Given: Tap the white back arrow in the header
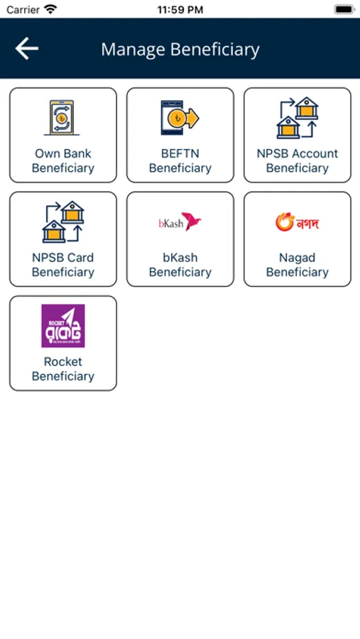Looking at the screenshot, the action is (x=27, y=48).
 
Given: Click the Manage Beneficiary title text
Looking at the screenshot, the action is (x=180, y=50).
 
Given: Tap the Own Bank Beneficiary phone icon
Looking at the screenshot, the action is (x=62, y=118).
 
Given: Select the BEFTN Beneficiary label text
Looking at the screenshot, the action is (x=180, y=160).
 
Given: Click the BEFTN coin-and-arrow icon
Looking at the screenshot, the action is (x=180, y=118).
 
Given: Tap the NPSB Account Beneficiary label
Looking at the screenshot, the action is (x=298, y=160).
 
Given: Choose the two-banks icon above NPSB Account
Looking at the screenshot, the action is (x=298, y=118).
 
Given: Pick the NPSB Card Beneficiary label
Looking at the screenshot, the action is (x=62, y=265).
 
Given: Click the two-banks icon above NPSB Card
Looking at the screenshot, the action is (x=62, y=222).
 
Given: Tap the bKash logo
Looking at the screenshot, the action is (x=180, y=222).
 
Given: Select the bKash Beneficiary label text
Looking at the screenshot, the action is (x=180, y=265).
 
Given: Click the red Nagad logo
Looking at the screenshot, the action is (x=297, y=222).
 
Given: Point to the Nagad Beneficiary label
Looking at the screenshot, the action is (x=298, y=265).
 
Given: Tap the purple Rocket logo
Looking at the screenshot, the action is (x=63, y=326).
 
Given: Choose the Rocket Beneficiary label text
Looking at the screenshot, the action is (x=62, y=368).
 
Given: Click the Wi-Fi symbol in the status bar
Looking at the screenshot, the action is (x=50, y=9).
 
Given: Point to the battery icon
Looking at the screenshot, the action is (x=344, y=9).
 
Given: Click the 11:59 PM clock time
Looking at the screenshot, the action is (x=180, y=10).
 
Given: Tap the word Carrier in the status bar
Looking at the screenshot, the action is (x=23, y=10).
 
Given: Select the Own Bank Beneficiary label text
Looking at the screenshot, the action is (x=62, y=160).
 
